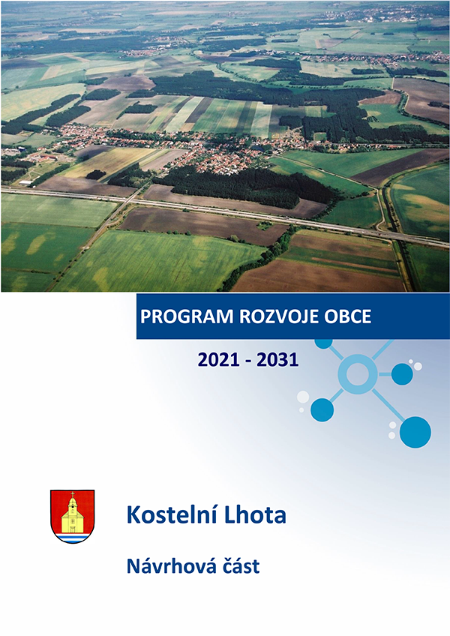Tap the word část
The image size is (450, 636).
point(239,565)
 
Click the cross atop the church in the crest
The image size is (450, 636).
point(72,494)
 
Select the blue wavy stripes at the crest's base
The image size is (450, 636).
point(72,538)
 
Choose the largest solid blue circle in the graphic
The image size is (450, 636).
point(415,432)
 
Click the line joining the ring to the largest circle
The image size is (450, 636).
point(388,405)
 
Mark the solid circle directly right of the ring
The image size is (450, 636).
point(402,374)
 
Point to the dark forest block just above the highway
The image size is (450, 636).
point(235,187)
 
